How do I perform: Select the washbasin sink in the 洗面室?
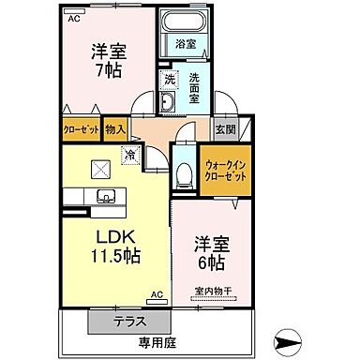pos(168,103)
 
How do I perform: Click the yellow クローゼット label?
pos(82,132)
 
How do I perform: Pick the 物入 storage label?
pos(115,132)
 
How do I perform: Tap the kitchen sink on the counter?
pos(103,196)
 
